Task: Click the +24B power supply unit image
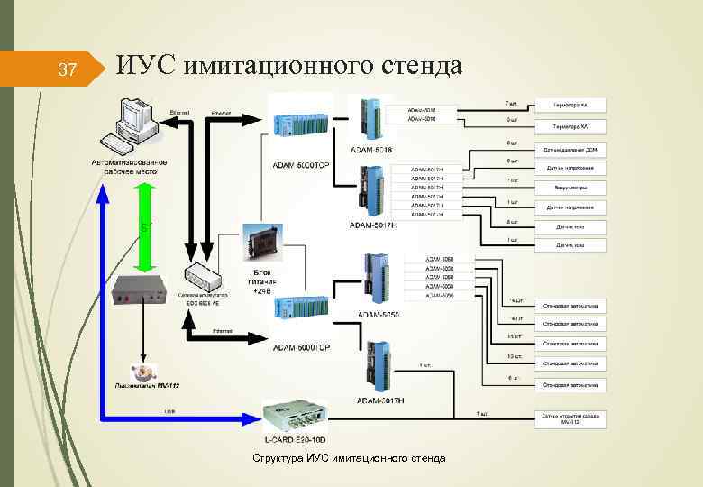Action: (x=262, y=240)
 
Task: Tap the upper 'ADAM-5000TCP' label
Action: (x=300, y=165)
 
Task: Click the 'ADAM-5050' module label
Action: (x=379, y=314)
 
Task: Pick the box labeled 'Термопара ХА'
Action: (x=571, y=125)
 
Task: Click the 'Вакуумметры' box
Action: (x=571, y=188)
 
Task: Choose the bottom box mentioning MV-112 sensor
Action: (x=571, y=417)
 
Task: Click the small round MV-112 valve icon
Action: (x=141, y=372)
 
